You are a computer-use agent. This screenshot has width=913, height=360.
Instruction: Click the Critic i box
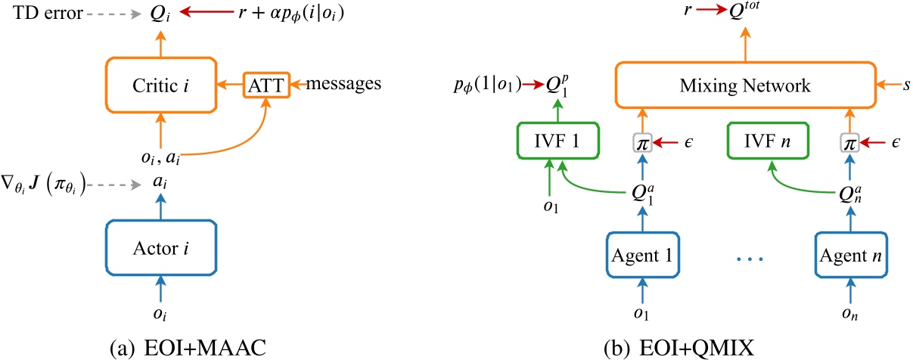[x=161, y=85]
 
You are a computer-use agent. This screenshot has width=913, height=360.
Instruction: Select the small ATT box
[x=266, y=85]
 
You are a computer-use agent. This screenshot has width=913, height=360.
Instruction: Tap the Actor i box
[x=161, y=248]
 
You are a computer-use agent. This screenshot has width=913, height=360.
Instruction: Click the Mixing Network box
[x=746, y=85]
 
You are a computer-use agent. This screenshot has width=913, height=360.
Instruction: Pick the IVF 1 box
[x=557, y=141]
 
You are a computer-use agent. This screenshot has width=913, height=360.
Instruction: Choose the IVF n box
[x=768, y=141]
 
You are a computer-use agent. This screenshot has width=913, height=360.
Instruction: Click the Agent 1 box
[x=642, y=255]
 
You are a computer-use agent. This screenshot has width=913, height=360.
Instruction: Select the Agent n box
[x=851, y=255]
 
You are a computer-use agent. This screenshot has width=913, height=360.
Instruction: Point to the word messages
[x=343, y=84]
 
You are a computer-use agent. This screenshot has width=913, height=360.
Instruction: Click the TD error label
[x=48, y=13]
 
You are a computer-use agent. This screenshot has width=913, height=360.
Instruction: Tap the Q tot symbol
[x=744, y=10]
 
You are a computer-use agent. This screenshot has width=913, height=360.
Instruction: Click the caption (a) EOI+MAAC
[x=188, y=348]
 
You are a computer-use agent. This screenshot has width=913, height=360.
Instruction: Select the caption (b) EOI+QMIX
[x=679, y=348]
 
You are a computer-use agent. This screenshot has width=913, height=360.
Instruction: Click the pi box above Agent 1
[x=643, y=143]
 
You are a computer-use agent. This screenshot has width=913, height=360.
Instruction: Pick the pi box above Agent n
[x=849, y=143]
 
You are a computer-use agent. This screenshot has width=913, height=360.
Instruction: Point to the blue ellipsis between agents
[x=750, y=259]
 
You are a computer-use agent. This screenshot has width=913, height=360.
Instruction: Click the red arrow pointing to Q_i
[x=207, y=12]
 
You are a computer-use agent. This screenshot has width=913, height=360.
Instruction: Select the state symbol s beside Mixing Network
[x=906, y=85]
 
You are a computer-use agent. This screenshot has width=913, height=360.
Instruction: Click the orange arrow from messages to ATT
[x=298, y=85]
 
